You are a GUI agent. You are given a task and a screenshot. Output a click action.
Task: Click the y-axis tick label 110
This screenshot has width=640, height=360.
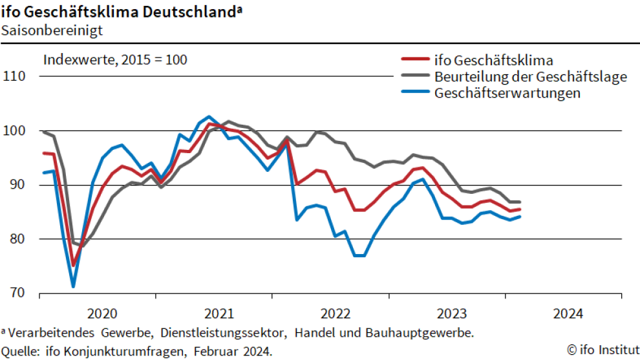(14, 76)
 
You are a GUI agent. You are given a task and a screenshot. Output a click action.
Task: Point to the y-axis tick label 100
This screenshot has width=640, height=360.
(14, 131)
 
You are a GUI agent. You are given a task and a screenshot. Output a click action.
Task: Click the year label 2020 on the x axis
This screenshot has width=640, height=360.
(102, 314)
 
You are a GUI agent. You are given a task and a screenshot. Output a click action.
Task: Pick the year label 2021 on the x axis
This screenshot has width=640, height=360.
(219, 314)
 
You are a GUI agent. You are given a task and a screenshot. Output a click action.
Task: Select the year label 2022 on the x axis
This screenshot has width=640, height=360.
(335, 314)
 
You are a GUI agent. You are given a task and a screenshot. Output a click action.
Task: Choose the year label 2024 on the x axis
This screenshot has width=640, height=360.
(568, 314)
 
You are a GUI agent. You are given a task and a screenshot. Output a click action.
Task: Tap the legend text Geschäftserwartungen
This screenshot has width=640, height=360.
(507, 92)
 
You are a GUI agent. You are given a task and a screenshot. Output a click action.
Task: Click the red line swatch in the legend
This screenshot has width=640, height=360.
(415, 60)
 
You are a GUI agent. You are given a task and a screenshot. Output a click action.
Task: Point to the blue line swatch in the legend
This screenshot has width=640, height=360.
(415, 92)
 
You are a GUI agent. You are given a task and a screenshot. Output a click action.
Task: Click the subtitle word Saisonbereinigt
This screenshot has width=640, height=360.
(44, 29)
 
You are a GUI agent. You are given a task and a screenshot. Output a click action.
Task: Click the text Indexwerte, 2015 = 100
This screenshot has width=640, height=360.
(115, 60)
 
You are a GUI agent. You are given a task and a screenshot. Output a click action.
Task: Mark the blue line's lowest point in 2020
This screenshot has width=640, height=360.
(73, 286)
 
